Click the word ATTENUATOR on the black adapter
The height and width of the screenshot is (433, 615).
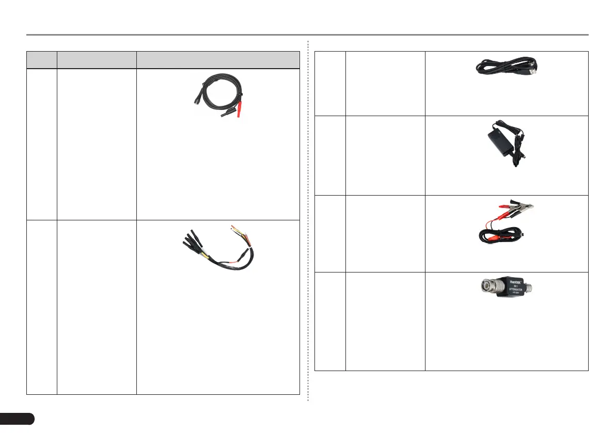(516, 291)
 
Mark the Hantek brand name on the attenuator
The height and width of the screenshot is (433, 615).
(515, 282)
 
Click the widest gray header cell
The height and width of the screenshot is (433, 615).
(218, 60)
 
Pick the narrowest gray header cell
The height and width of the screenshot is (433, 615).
(41, 60)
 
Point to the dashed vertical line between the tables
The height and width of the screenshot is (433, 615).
(308, 222)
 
